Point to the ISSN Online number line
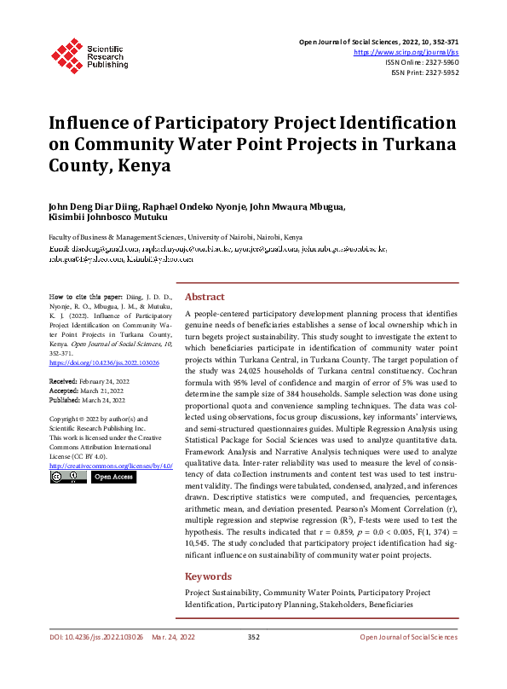[423, 63]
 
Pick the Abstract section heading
[205, 297]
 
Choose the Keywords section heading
[208, 576]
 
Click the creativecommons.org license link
[111, 466]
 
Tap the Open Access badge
[113, 478]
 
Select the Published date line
[88, 399]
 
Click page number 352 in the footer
[253, 637]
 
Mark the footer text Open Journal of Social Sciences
[408, 637]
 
